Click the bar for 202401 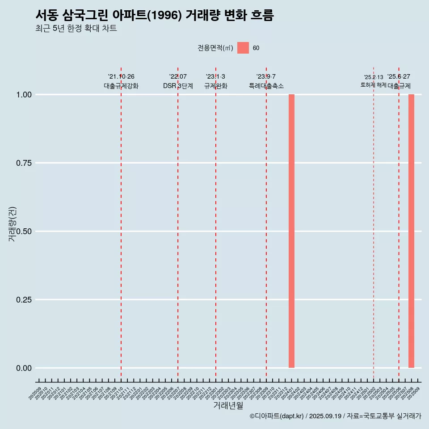coord(291,231)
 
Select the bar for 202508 coord(411,231)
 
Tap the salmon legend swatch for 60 coord(243,48)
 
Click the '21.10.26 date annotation coord(121,77)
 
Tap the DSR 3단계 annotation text coord(178,86)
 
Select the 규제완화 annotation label coord(216,86)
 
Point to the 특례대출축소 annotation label coord(266,86)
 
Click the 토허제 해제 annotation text coord(374,85)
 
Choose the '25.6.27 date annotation coord(399,77)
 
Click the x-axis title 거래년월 coord(228,405)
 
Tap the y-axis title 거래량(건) coord(12,224)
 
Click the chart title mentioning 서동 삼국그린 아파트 coord(154,15)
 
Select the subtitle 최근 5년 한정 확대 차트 coord(76,29)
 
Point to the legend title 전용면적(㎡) coord(215,48)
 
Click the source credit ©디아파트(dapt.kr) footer coord(335,416)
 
